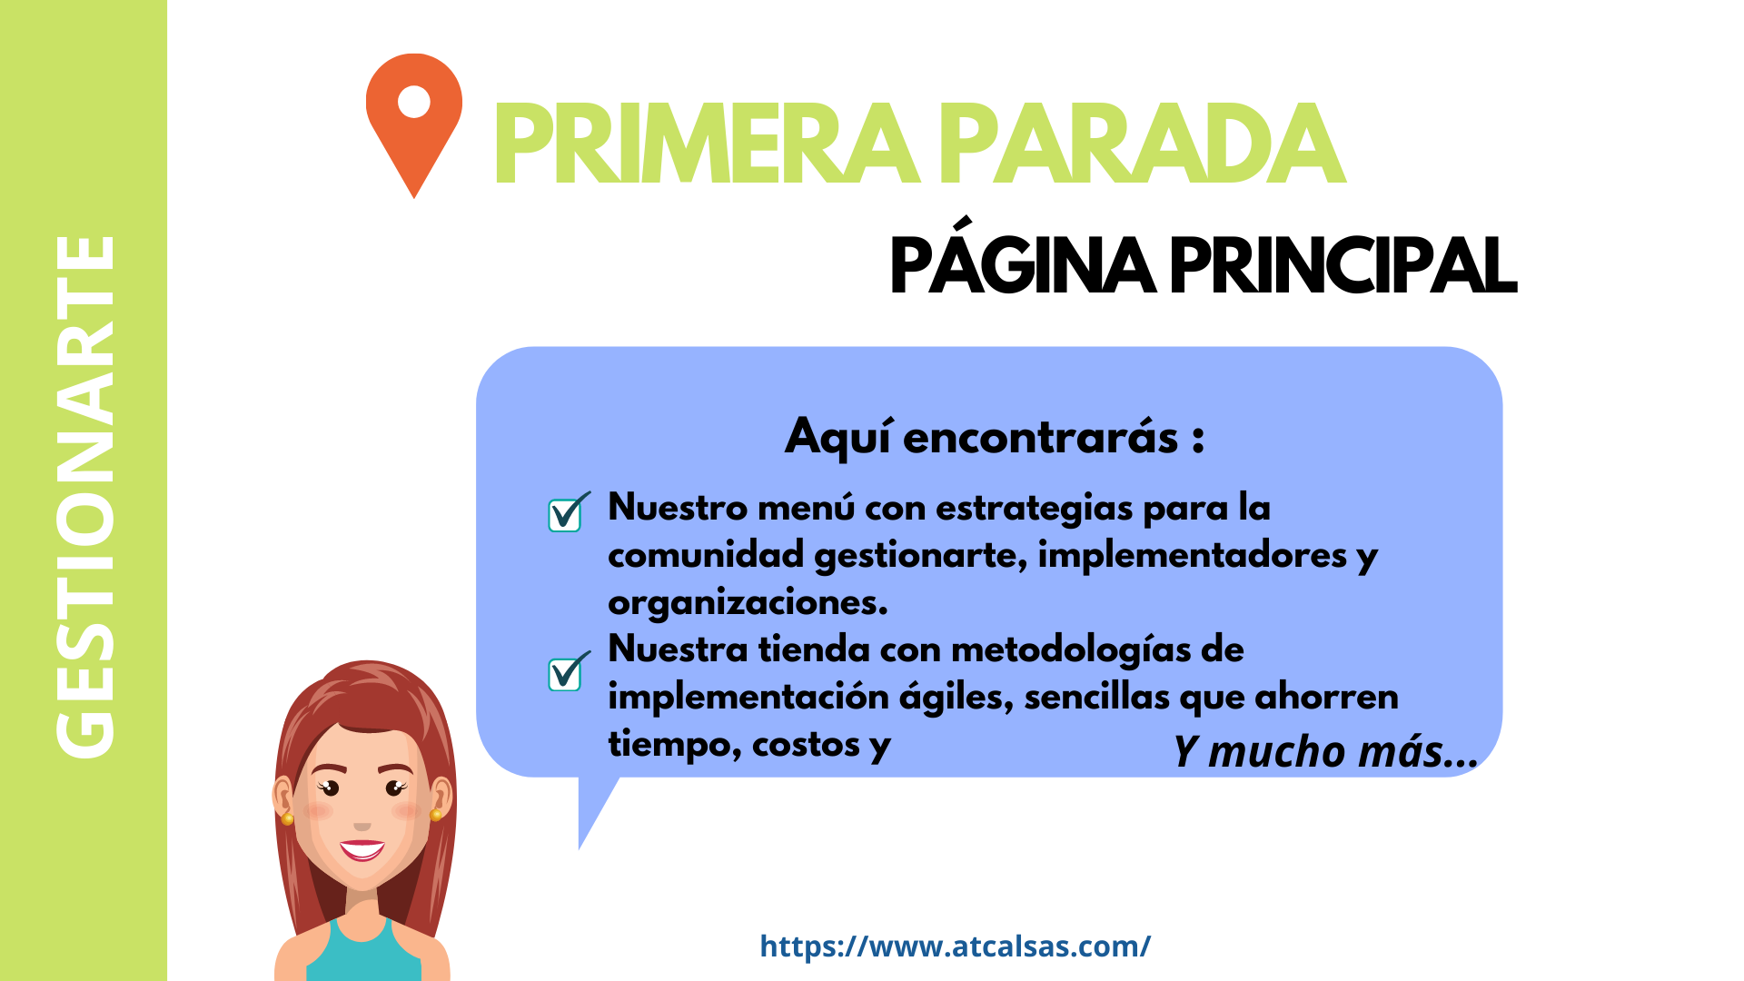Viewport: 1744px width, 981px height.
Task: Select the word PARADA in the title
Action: click(1142, 144)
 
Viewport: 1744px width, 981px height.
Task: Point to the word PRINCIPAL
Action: click(1343, 266)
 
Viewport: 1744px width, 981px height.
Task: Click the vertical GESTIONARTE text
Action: click(85, 496)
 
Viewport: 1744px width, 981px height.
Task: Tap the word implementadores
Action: click(1192, 555)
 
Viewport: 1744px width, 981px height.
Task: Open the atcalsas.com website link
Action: click(955, 946)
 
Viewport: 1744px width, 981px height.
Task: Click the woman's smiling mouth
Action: click(362, 849)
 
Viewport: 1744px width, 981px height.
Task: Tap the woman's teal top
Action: click(363, 954)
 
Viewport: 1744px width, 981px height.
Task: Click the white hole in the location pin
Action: click(414, 101)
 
